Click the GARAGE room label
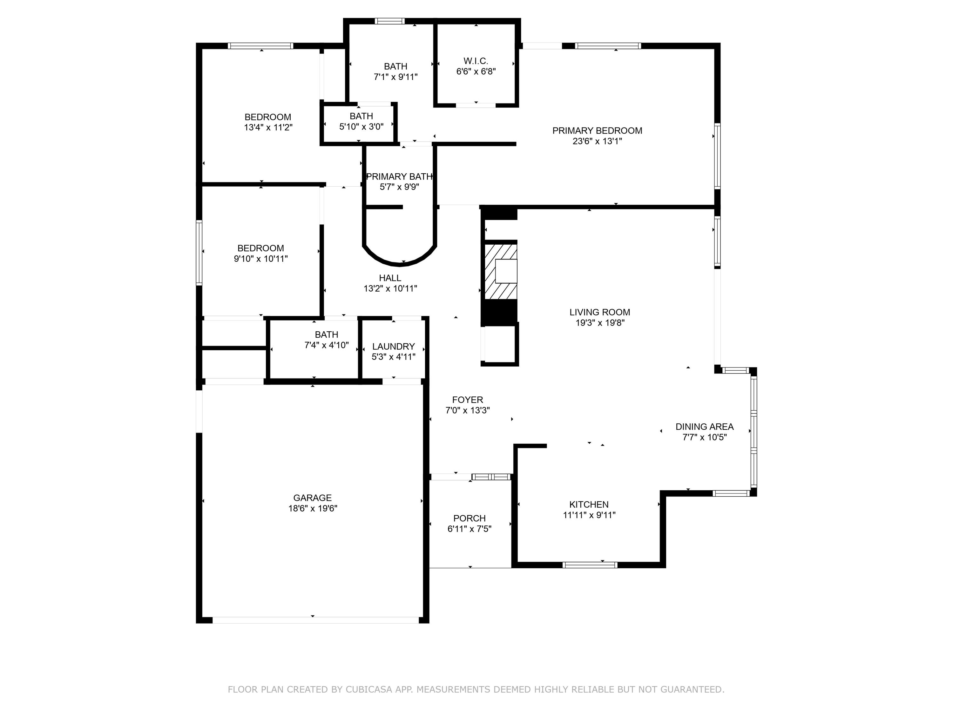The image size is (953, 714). (x=312, y=498)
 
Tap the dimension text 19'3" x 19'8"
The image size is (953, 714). (x=600, y=323)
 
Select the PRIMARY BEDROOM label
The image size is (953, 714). (x=597, y=130)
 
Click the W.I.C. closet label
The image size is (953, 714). (x=476, y=61)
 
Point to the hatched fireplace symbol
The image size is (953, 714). (x=500, y=271)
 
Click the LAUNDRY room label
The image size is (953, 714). (x=393, y=347)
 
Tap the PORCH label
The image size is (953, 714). (x=469, y=518)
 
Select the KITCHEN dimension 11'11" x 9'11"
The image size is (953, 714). (x=589, y=515)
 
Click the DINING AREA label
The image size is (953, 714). (x=704, y=426)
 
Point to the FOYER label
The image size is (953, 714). (x=468, y=400)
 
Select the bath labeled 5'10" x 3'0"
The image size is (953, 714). (x=361, y=121)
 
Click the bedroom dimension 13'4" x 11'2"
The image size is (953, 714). (x=268, y=127)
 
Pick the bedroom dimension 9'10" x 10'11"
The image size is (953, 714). (x=261, y=259)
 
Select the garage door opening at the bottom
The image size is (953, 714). (x=315, y=620)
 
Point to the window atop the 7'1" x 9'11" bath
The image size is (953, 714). (x=389, y=21)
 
